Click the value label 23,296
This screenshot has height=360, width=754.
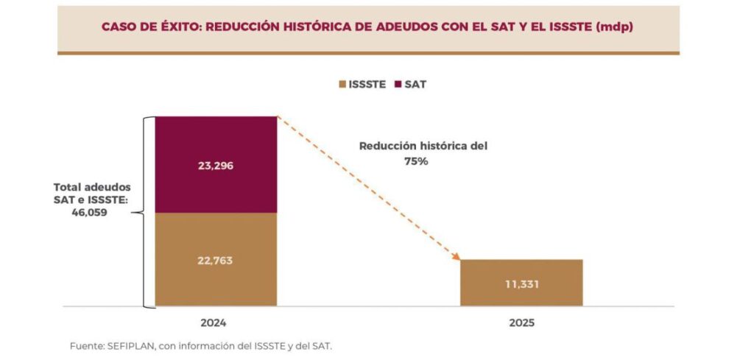[215, 166]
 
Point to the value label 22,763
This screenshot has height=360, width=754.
[215, 260]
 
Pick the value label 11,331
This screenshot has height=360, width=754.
[521, 283]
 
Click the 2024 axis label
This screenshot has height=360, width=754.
[213, 323]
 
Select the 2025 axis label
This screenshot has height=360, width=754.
[521, 323]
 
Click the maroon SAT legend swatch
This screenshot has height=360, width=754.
[398, 85]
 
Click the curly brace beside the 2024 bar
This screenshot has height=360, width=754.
[148, 212]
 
